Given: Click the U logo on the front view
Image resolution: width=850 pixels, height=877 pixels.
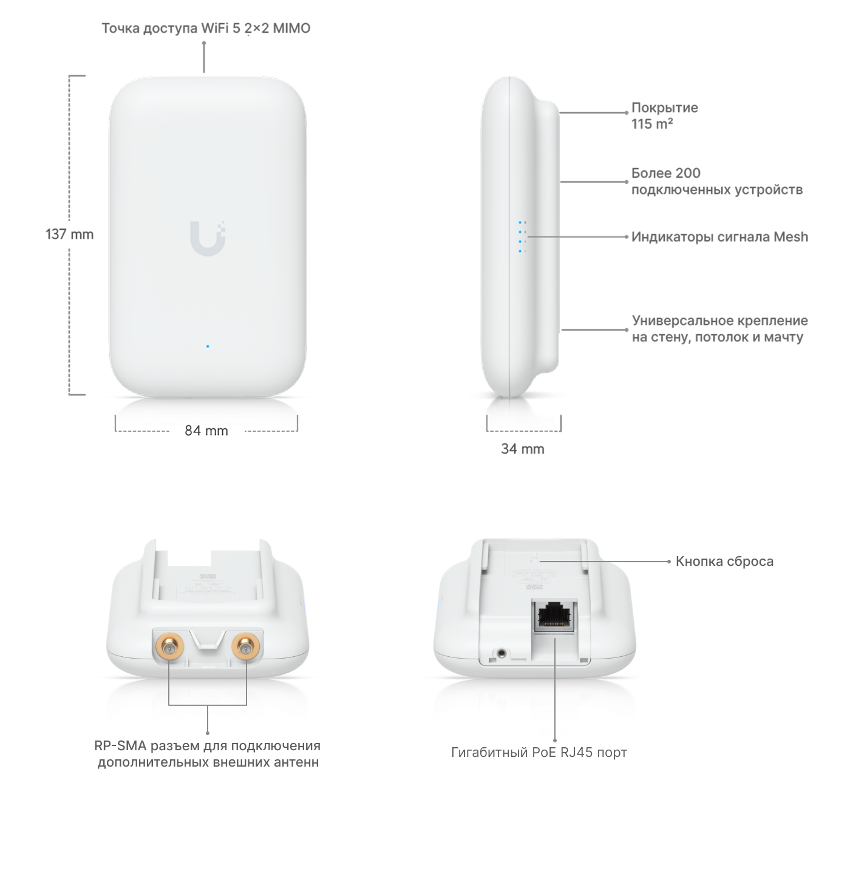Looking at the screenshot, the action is point(208,238).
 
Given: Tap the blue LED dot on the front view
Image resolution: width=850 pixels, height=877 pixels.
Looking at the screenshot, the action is point(208,346).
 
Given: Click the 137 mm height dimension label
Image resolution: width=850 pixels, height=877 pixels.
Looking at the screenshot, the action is point(69,234).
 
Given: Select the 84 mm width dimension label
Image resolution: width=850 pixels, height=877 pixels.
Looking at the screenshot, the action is point(206,431).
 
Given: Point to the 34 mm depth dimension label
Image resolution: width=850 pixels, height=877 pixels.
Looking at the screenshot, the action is point(523,449).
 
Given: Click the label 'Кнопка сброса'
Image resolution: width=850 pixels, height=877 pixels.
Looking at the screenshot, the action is point(724,562).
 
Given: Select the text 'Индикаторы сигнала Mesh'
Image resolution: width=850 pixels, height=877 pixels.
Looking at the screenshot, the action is point(719,237).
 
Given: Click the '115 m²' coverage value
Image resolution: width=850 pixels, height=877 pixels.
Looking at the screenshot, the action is point(652,124).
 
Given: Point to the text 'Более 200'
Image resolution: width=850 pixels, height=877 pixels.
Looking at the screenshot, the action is point(665,173).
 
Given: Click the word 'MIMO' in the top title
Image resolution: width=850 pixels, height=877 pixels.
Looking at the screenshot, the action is point(291,29).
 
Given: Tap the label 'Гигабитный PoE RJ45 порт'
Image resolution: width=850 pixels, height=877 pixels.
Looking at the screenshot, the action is point(539,753).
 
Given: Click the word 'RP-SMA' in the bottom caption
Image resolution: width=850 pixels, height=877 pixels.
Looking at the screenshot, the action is point(120,746).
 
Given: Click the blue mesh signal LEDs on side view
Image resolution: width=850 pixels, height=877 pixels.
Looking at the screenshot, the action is point(522,237).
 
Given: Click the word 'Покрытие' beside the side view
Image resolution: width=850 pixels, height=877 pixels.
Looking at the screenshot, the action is point(664,108).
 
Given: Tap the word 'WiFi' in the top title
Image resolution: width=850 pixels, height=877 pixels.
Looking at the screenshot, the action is point(214,29).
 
